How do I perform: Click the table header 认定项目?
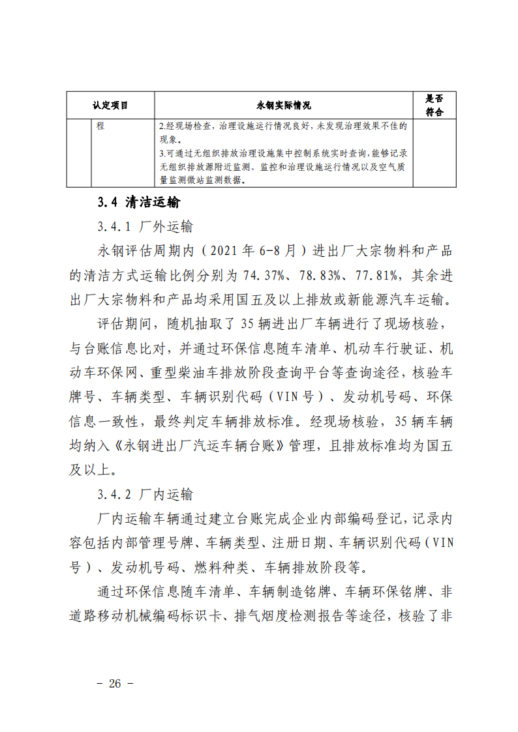tap(110, 105)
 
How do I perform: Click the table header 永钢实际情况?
tap(284, 105)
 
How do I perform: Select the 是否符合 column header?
tap(434, 105)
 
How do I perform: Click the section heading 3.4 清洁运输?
tap(138, 203)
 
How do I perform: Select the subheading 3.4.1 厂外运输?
tap(145, 227)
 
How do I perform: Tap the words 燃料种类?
tap(221, 566)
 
